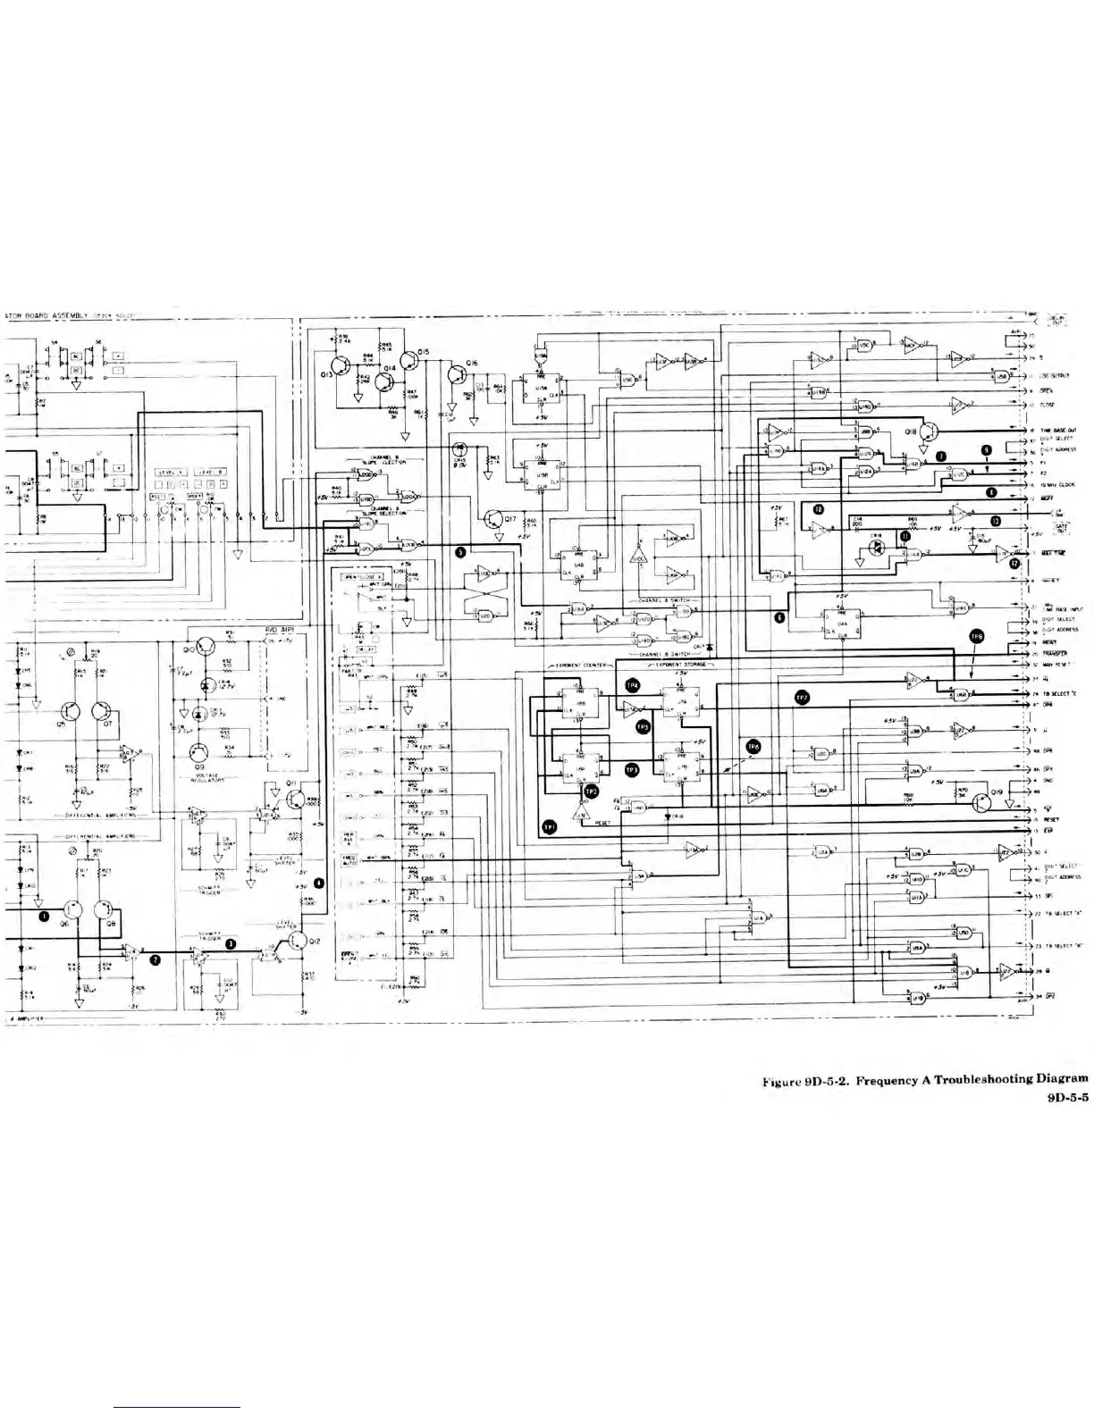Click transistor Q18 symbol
coord(929,431)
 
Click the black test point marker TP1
coord(551,828)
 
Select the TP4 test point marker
coord(633,684)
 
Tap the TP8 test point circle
coord(977,635)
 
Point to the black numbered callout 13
coord(995,521)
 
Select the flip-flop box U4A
coord(840,622)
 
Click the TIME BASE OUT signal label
coord(1056,430)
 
